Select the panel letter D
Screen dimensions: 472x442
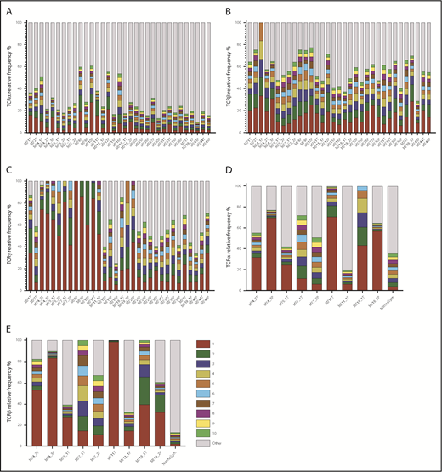pos(229,170)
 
